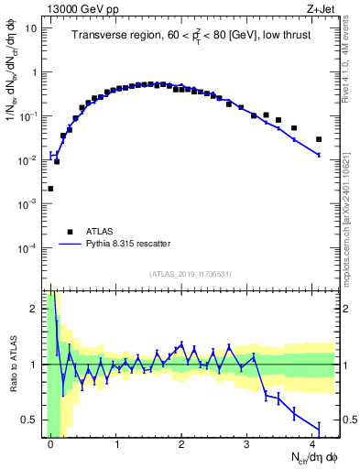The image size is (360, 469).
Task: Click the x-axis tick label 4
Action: click(x=312, y=443)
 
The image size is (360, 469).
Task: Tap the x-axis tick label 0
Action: click(x=50, y=443)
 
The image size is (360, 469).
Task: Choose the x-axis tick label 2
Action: click(x=181, y=443)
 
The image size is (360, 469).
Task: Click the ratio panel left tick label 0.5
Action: click(x=30, y=420)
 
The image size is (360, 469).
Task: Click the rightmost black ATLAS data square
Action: click(x=319, y=139)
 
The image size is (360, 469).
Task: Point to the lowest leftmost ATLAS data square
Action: click(x=50, y=189)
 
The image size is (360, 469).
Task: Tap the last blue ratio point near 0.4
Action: click(x=319, y=427)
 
